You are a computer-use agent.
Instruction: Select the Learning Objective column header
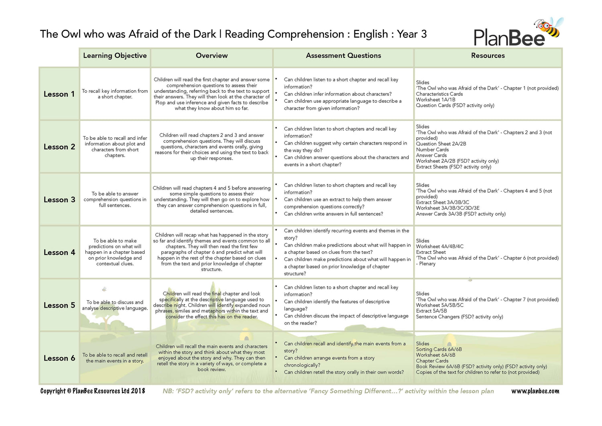[115, 56]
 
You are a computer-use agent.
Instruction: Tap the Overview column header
[212, 56]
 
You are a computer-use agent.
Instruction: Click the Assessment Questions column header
[343, 56]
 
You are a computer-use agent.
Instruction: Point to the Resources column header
[488, 56]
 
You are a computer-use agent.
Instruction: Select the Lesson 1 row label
[59, 94]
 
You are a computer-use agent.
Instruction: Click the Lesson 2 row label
[59, 147]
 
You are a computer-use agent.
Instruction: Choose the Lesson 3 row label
[59, 200]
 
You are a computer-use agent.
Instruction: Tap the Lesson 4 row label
[59, 253]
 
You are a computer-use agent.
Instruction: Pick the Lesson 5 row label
[59, 306]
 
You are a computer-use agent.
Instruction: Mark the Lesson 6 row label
[59, 359]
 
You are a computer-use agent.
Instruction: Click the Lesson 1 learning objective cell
[115, 94]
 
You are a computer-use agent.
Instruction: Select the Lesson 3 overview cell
[212, 200]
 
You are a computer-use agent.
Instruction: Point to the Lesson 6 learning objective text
[115, 358]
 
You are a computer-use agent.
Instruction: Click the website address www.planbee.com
[535, 391]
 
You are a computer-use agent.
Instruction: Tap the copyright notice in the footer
[93, 391]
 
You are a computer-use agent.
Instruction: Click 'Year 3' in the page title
[412, 34]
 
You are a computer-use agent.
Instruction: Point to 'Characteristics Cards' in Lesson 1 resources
[439, 94]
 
